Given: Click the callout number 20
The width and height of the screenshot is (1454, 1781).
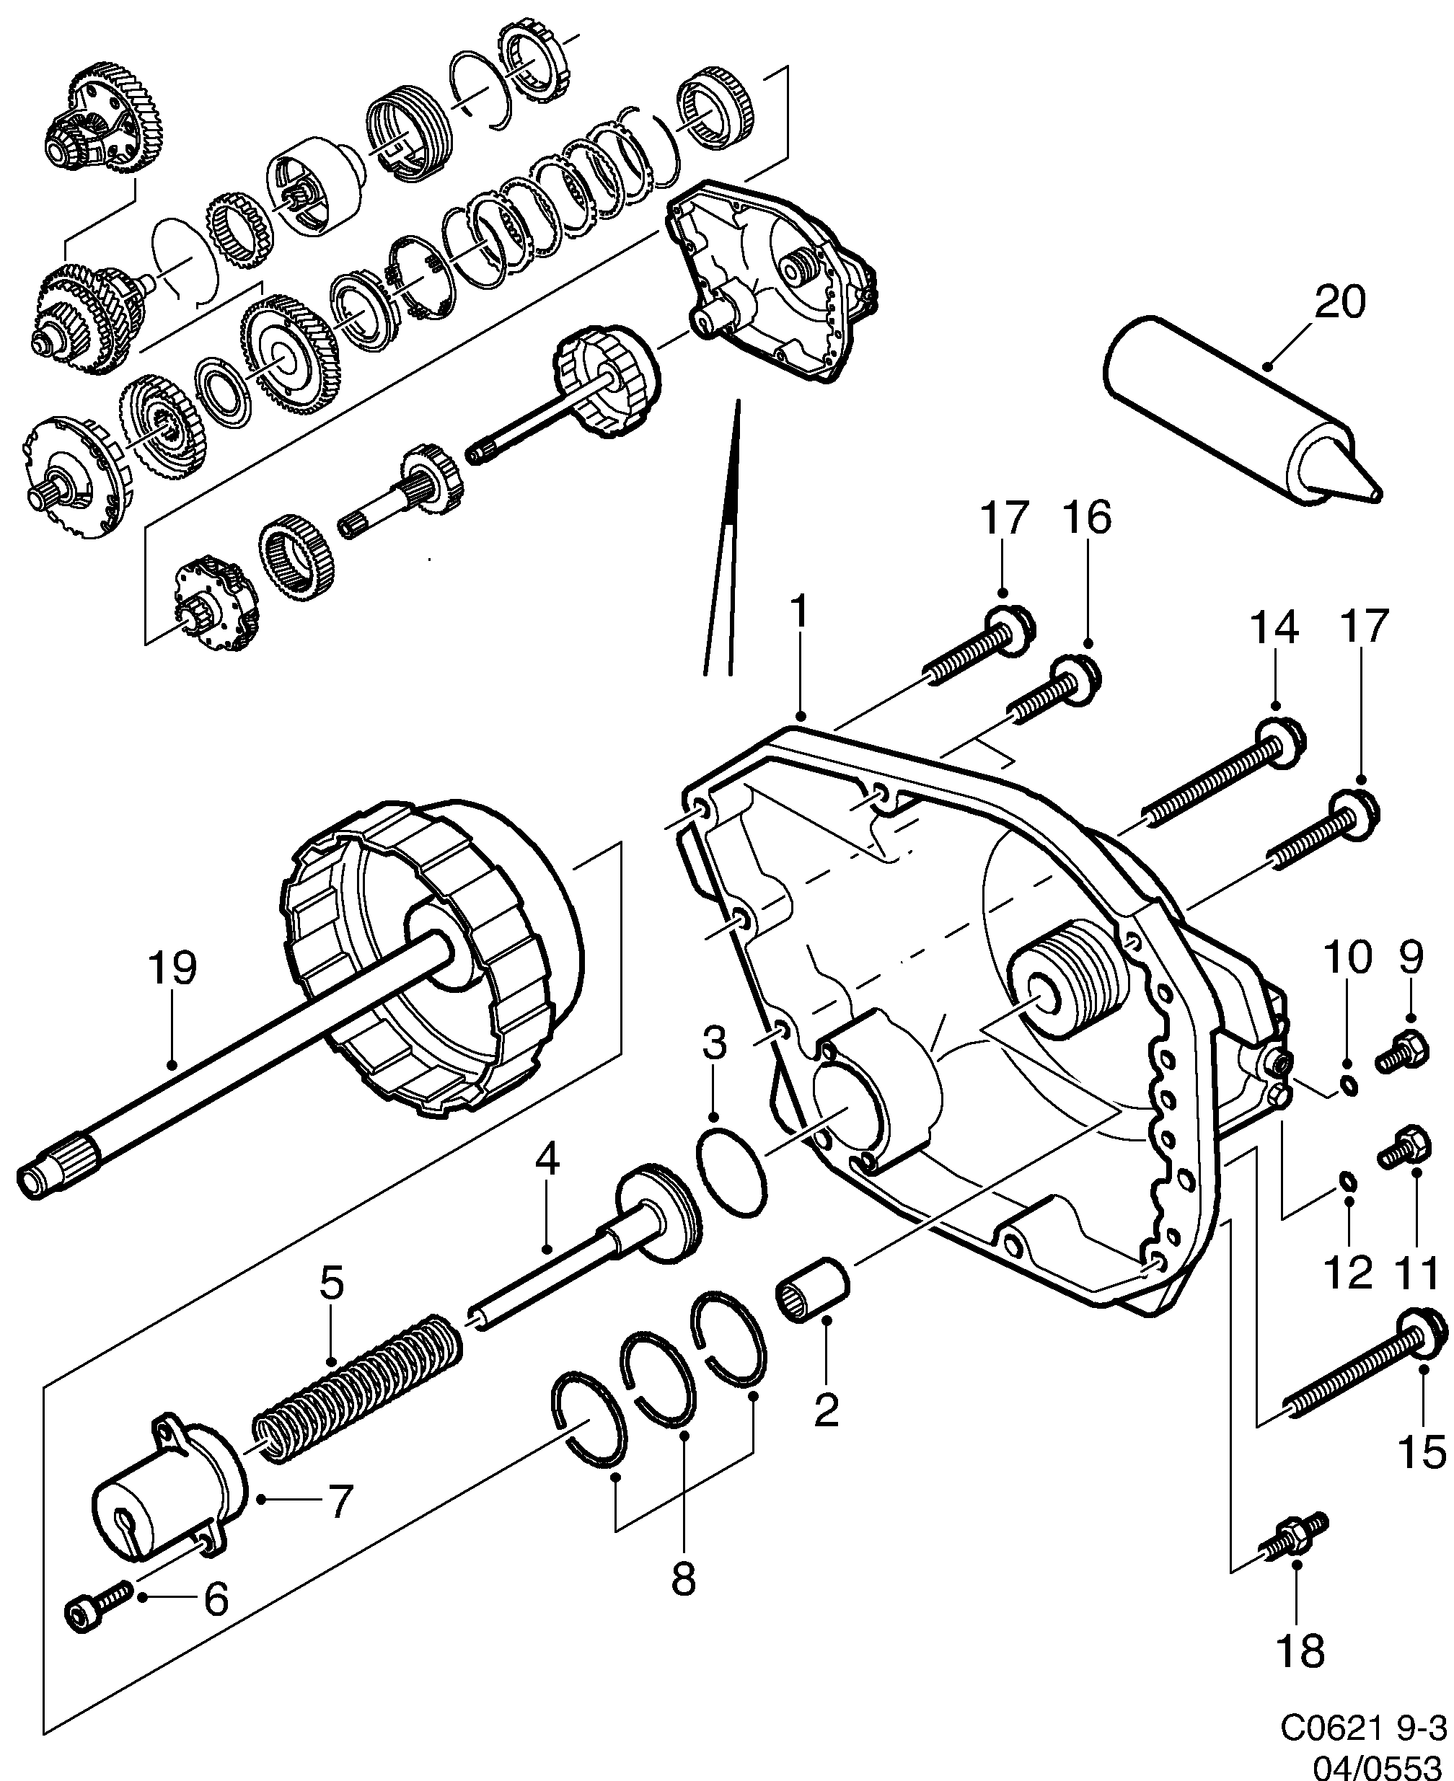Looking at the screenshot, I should pyautogui.click(x=1339, y=302).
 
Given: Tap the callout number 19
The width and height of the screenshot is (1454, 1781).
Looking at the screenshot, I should pyautogui.click(x=172, y=968).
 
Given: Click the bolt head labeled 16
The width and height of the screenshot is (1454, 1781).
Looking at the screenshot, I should pyautogui.click(x=1075, y=679).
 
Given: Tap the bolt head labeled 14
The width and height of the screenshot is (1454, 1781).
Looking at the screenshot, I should pyautogui.click(x=1282, y=738).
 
